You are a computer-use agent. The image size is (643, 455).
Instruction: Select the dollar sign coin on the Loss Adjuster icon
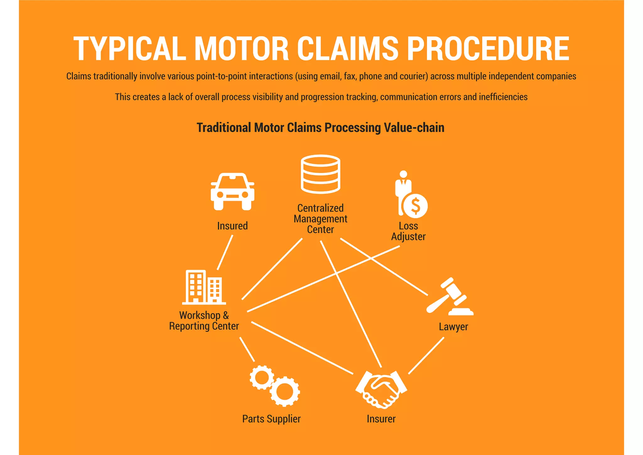click(415, 206)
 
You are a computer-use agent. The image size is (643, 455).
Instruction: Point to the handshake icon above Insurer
click(381, 390)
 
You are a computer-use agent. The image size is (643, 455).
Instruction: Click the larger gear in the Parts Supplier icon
click(284, 392)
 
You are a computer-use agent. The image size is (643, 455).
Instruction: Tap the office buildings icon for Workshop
click(204, 288)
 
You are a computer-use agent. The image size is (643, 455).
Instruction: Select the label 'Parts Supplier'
click(271, 419)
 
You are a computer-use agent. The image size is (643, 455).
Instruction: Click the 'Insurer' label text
click(381, 419)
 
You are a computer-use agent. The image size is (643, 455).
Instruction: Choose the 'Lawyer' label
click(453, 327)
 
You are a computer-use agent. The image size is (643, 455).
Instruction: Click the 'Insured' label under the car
click(232, 226)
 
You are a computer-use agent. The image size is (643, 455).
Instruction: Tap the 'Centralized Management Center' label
click(320, 219)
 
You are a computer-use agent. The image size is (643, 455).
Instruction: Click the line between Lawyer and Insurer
click(426, 356)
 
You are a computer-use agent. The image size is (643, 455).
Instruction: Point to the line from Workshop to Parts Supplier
click(247, 349)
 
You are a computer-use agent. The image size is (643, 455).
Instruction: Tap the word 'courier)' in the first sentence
click(413, 76)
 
